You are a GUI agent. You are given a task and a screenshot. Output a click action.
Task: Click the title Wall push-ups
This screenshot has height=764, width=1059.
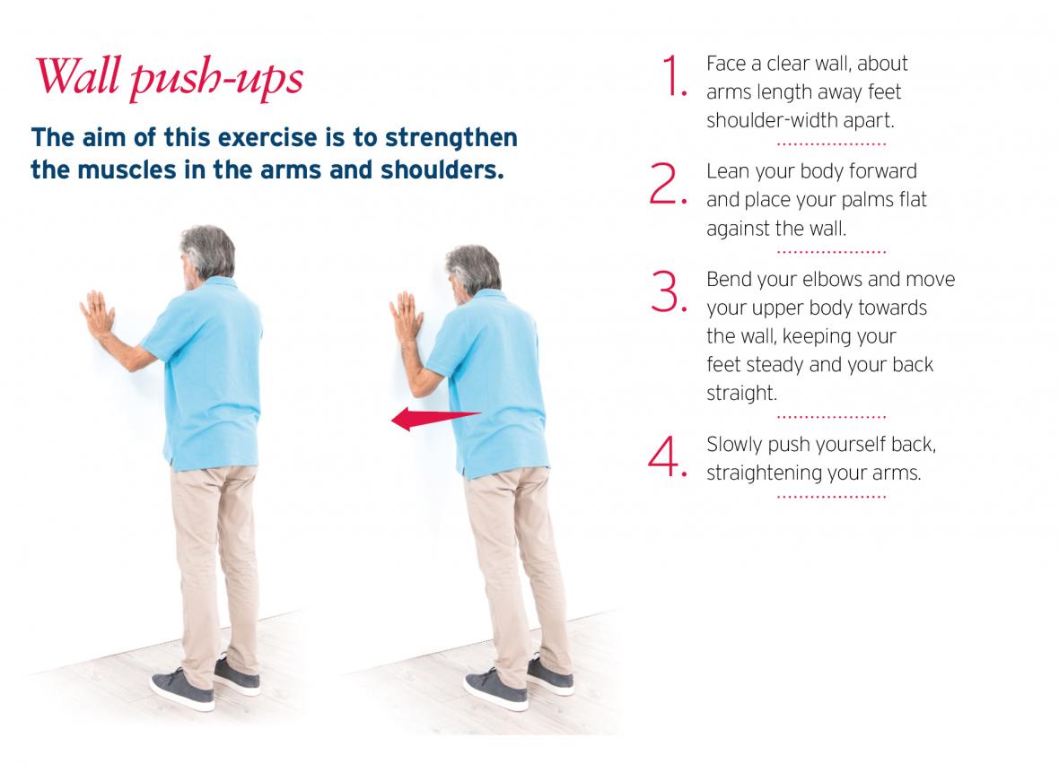pyautogui.click(x=169, y=77)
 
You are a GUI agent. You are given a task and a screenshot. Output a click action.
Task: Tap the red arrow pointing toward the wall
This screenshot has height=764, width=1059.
pyautogui.click(x=435, y=419)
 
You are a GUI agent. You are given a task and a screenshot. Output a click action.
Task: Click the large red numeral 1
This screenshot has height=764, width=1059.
pyautogui.click(x=673, y=75)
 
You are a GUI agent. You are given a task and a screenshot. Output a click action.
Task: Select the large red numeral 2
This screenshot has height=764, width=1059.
pyautogui.click(x=668, y=183)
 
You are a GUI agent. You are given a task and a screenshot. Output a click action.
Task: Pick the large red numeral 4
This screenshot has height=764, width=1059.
pyautogui.click(x=667, y=456)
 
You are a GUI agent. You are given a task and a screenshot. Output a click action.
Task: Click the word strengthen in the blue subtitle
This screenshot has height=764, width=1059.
pyautogui.click(x=451, y=138)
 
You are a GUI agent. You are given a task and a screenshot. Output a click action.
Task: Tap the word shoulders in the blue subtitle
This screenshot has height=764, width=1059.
pyautogui.click(x=442, y=170)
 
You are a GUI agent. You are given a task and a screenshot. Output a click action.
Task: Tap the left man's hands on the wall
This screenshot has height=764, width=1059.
pyautogui.click(x=98, y=315)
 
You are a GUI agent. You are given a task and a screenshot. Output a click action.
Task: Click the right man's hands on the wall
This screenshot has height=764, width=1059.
pyautogui.click(x=407, y=316)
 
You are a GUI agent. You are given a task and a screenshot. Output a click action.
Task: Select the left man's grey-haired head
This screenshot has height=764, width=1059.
pyautogui.click(x=206, y=254)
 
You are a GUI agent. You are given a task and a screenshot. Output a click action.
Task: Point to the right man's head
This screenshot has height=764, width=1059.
pyautogui.click(x=473, y=272)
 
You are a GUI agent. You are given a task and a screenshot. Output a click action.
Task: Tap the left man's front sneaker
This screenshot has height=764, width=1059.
pyautogui.click(x=182, y=688)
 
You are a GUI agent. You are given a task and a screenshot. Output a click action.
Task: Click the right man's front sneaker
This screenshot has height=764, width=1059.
pyautogui.click(x=495, y=689)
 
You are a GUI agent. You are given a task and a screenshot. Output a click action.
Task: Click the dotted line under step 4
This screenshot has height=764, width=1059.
pyautogui.click(x=831, y=497)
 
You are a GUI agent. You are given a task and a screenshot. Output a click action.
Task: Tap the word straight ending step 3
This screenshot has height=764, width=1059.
pyautogui.click(x=741, y=393)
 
